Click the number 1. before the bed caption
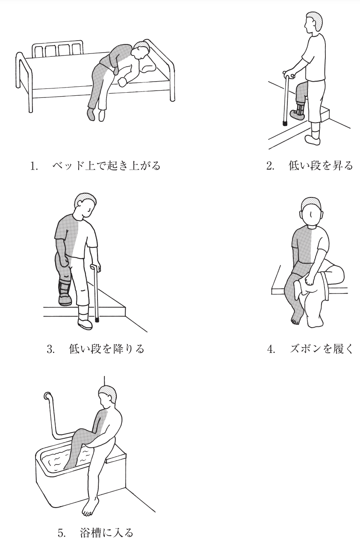pos(34,166)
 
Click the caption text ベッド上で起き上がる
pos(106,166)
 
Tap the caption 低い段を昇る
pos(321,166)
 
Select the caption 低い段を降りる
pos(106,349)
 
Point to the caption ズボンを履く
pos(322,349)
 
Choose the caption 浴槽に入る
pos(106,533)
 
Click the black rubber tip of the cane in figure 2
pos(285,123)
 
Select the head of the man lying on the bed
pos(140,50)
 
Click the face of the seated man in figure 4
pos(311,215)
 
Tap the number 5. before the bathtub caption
pos(62,533)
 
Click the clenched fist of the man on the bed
pos(122,82)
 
